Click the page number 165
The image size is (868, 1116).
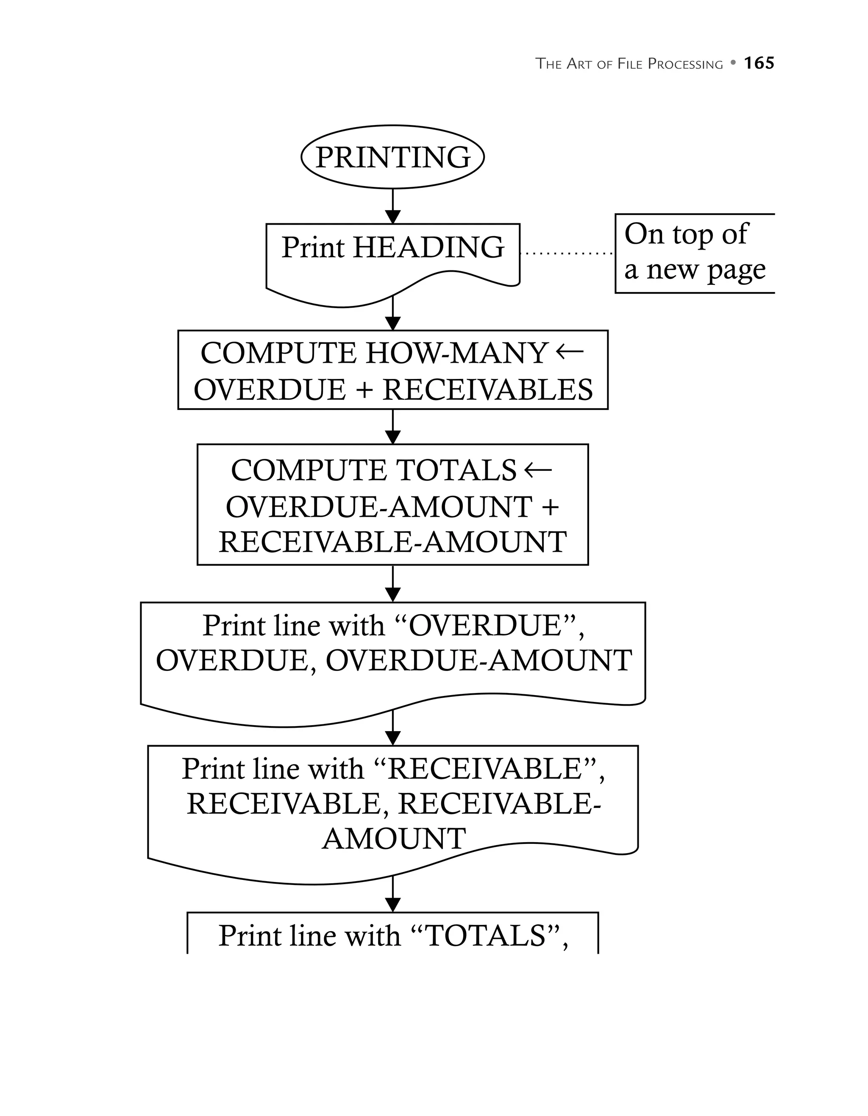pos(759,63)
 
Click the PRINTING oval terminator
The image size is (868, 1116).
pos(392,157)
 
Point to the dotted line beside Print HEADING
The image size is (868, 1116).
pos(567,253)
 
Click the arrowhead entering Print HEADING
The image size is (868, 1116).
pos(392,217)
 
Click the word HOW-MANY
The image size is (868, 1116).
pos(457,353)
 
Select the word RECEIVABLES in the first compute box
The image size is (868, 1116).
pos(488,390)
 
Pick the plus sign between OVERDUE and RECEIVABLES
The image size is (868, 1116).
pos(363,390)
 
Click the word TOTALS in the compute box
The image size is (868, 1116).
pos(456,470)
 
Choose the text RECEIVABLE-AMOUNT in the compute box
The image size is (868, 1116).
pos(392,542)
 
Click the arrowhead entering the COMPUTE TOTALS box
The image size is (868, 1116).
pos(392,437)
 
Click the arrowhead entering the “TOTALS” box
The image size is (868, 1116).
pos(392,905)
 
